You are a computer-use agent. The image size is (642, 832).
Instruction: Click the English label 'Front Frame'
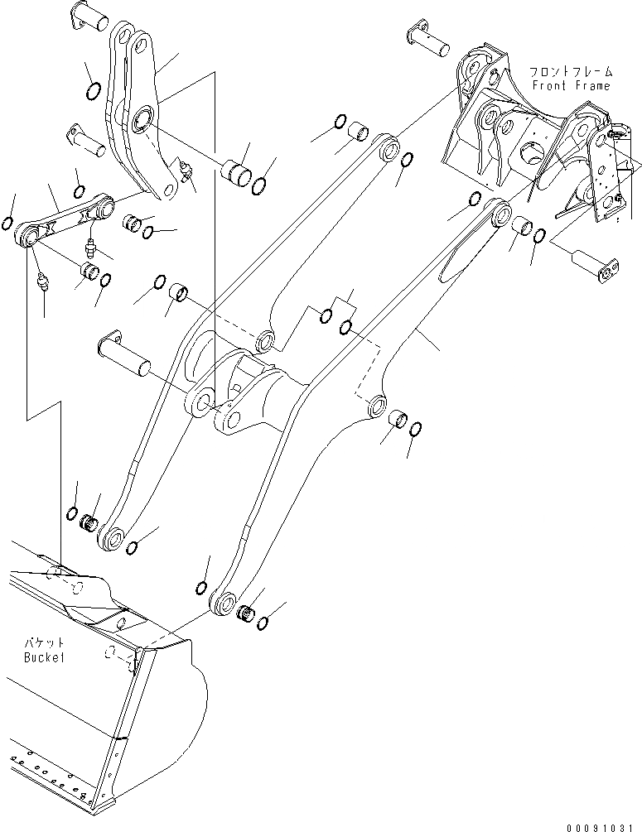570,86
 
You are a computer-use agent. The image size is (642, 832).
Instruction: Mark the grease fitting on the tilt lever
186,171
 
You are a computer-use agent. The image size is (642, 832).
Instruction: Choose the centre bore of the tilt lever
142,122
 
